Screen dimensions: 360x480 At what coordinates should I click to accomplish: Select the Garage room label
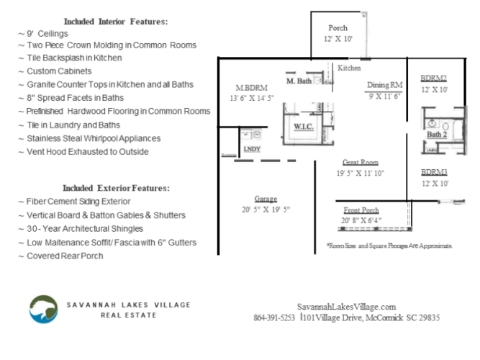[266, 198]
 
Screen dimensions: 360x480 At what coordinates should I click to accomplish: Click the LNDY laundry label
[252, 149]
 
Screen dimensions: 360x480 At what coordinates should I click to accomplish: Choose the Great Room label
[361, 162]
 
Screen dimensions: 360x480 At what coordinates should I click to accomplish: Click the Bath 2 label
[437, 134]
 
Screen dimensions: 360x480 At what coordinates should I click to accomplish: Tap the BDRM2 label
[434, 78]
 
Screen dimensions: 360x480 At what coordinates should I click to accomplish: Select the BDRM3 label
[434, 172]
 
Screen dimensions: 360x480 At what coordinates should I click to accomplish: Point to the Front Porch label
[361, 210]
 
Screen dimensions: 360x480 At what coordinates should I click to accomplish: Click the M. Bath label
[299, 81]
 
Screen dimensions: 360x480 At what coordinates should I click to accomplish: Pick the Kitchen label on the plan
[349, 68]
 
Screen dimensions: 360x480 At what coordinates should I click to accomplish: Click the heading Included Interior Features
[116, 22]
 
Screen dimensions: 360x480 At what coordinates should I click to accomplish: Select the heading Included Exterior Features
[116, 188]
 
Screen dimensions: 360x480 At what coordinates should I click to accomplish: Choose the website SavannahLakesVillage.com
[346, 306]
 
